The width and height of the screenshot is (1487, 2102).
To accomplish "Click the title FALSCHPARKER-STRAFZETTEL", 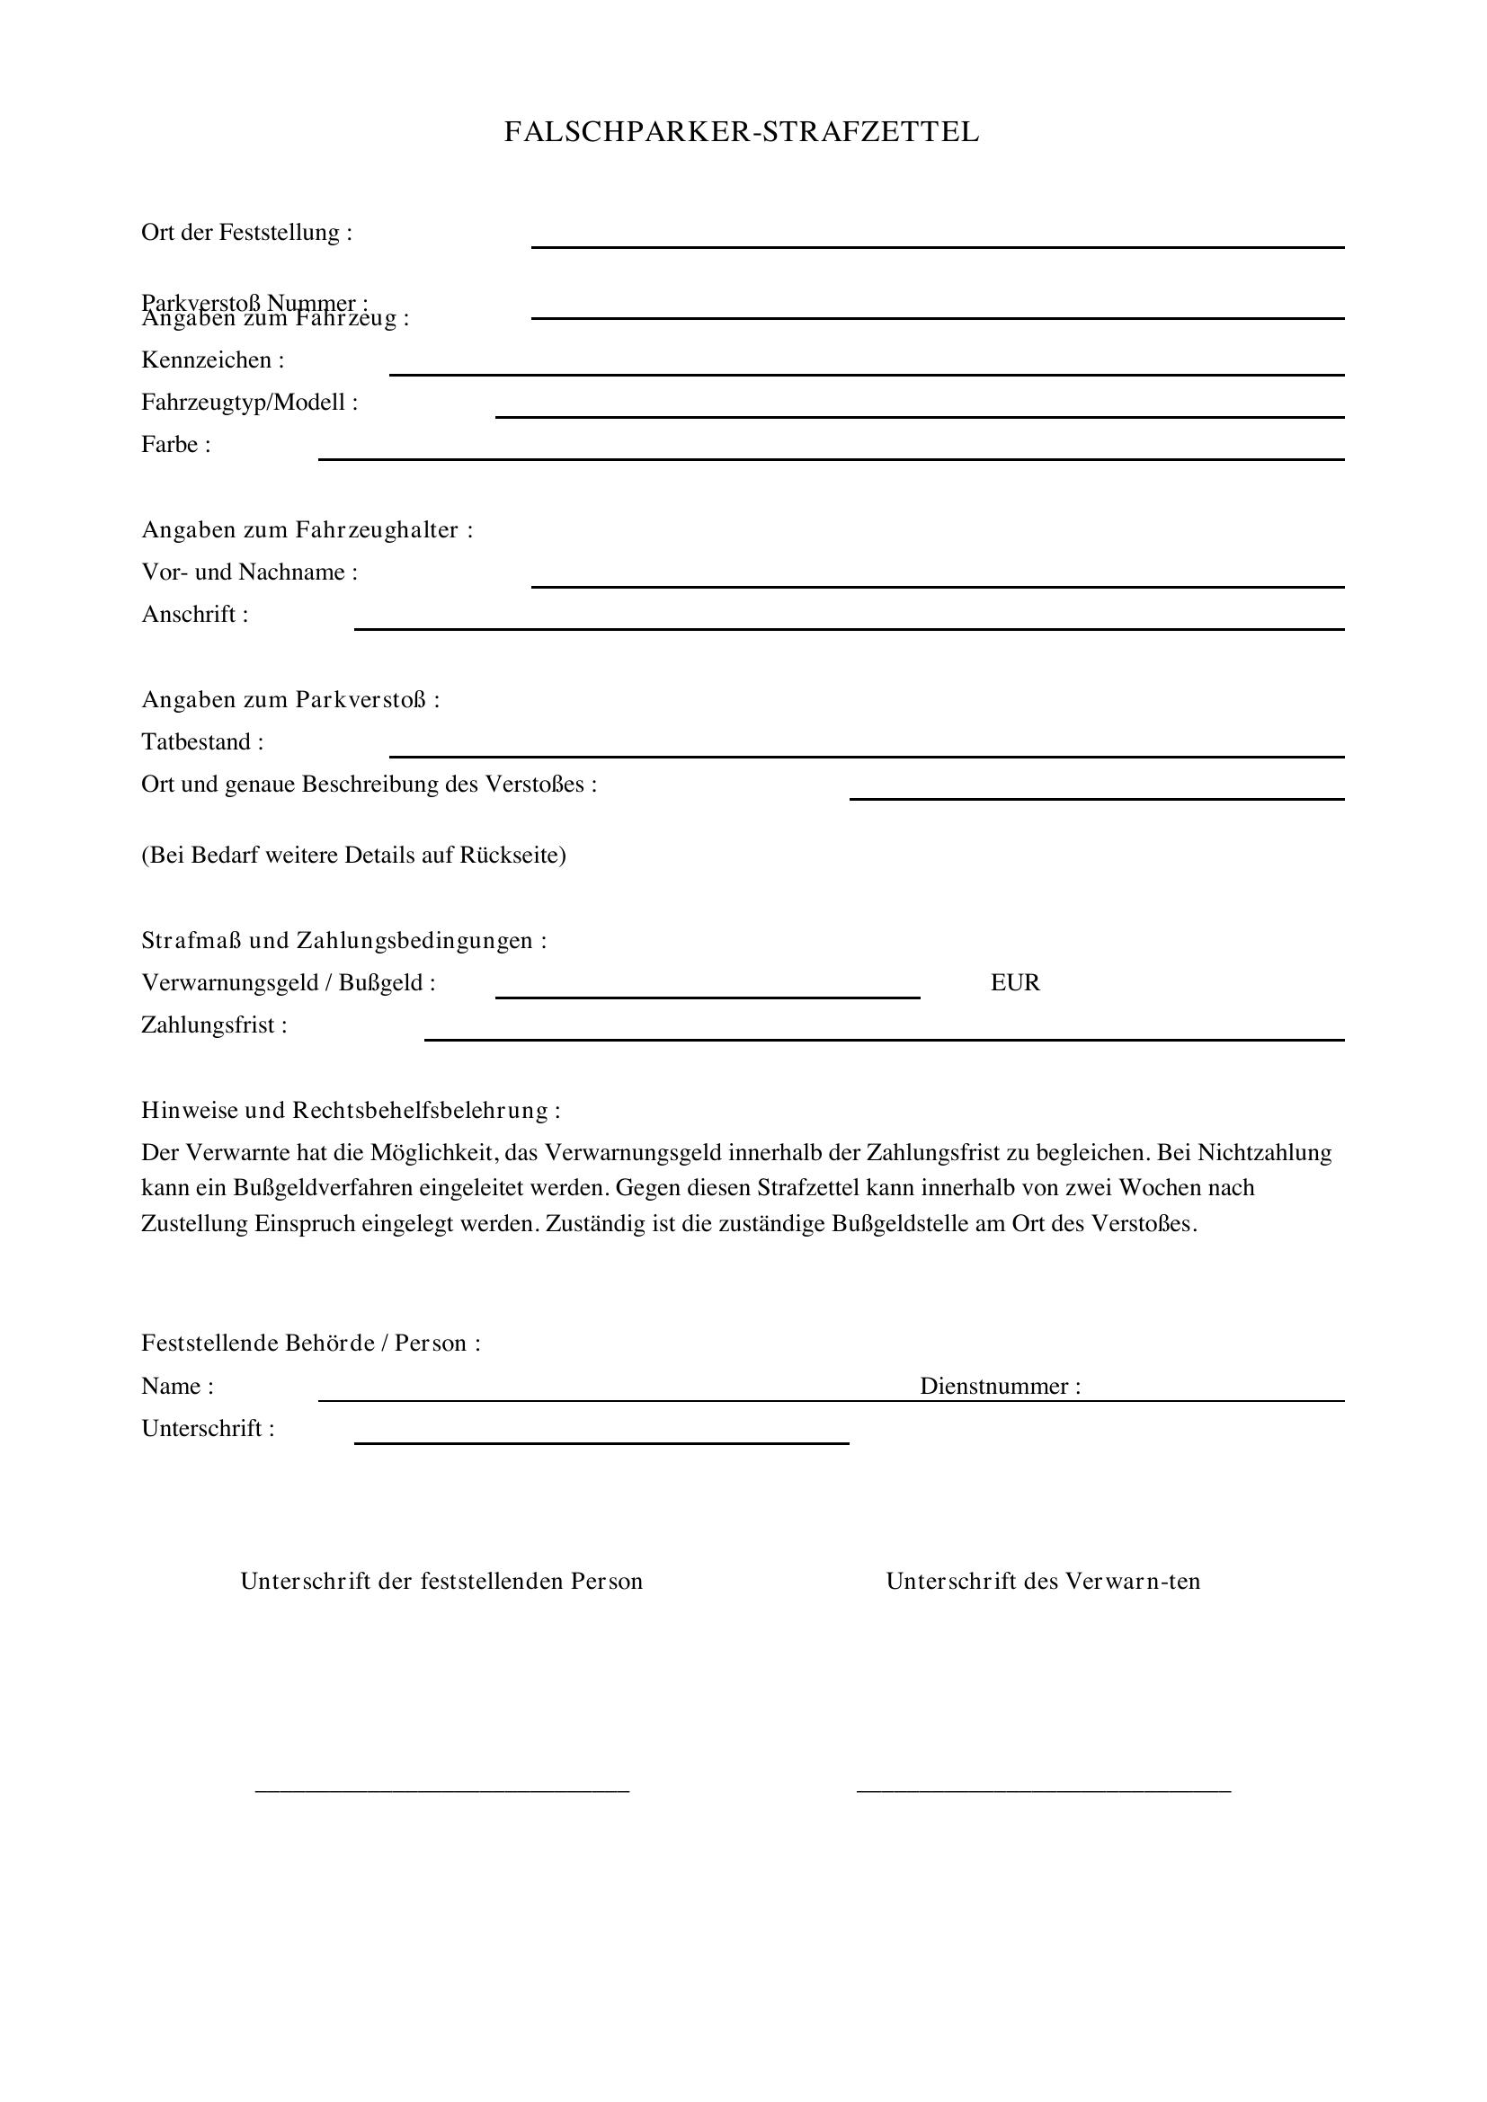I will click(742, 133).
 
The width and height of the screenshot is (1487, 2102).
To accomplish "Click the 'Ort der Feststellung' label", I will click(246, 233).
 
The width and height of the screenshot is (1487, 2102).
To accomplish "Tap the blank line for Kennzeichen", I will click(866, 374).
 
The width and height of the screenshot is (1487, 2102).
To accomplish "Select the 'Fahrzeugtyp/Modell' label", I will click(249, 402).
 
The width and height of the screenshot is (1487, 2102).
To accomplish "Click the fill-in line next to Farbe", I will click(831, 457).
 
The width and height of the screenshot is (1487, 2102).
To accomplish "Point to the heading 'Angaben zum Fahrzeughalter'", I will click(307, 530).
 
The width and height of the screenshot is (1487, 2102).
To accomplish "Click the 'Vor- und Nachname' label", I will click(249, 572).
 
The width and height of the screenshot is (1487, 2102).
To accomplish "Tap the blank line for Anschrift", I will click(849, 628).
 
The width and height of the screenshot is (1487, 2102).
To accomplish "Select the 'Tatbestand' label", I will click(202, 741).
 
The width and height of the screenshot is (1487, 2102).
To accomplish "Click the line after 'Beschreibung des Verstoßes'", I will click(1096, 798).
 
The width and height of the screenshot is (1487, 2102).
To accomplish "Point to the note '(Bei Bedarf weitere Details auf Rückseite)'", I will click(353, 855).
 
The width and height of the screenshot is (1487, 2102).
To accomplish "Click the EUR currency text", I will click(1014, 983).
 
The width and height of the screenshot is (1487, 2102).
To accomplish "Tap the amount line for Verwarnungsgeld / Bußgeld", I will click(707, 996).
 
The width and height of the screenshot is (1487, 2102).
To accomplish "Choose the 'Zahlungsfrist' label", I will click(214, 1025).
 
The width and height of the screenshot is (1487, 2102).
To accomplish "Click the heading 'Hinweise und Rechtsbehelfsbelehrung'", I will click(351, 1111).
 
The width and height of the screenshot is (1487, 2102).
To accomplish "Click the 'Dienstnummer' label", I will click(1000, 1386).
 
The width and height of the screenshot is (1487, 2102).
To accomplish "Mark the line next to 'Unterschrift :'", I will click(601, 1443).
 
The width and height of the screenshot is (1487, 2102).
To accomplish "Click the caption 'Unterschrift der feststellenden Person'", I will click(441, 1581).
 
